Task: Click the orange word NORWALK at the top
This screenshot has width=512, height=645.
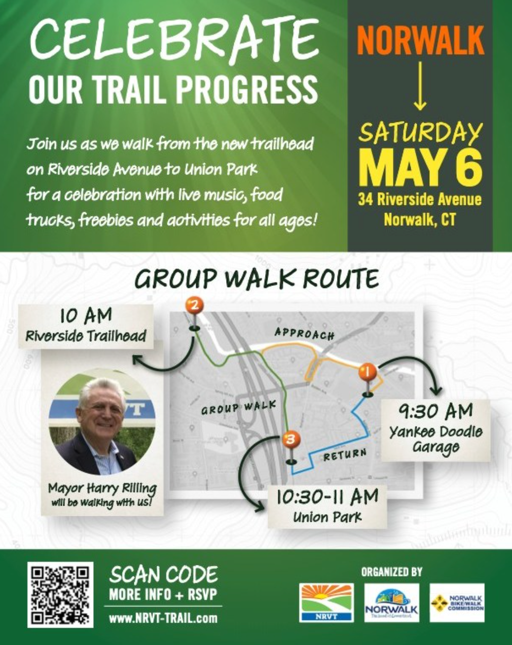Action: [420, 40]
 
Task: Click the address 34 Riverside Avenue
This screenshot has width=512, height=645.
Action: [420, 199]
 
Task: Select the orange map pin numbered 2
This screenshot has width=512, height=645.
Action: [194, 306]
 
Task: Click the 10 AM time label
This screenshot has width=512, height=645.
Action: [85, 316]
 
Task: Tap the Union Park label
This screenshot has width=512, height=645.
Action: [327, 518]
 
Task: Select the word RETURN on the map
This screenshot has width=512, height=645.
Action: [345, 455]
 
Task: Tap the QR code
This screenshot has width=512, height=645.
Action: [60, 594]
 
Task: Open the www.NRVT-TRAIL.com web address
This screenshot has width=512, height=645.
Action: [163, 618]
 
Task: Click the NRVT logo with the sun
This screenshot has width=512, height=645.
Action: [326, 602]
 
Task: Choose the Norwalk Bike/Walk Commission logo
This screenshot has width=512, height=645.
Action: [457, 602]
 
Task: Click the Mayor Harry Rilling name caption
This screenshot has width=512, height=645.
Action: [102, 488]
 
